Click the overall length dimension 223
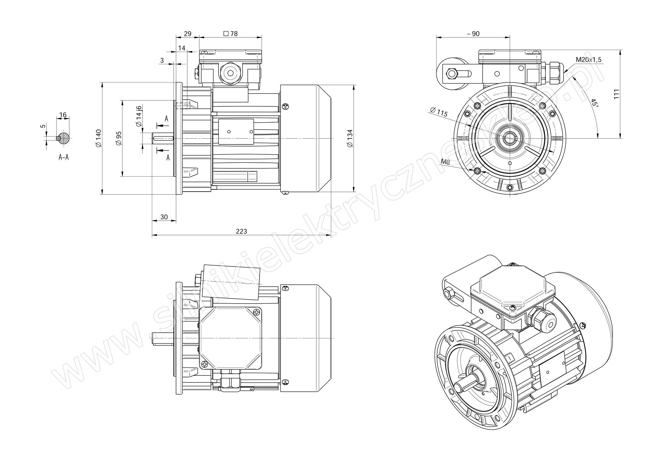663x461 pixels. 241,231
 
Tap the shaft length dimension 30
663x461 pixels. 164,217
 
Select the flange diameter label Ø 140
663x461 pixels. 98,138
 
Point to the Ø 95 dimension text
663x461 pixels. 119,138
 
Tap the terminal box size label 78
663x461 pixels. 231,33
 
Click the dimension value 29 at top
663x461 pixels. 188,33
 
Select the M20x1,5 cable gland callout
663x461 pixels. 588,60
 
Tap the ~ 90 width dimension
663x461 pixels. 473,34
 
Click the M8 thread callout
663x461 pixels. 445,162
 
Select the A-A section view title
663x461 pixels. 64,157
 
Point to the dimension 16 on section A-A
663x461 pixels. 63,115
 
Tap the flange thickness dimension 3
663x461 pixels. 162,60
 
